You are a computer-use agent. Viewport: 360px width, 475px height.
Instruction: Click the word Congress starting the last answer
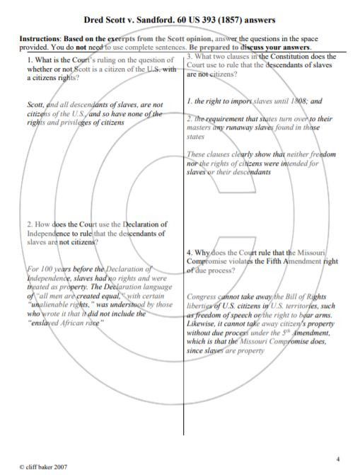tap(206, 296)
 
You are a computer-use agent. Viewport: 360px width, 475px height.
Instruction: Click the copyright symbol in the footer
tap(21, 467)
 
